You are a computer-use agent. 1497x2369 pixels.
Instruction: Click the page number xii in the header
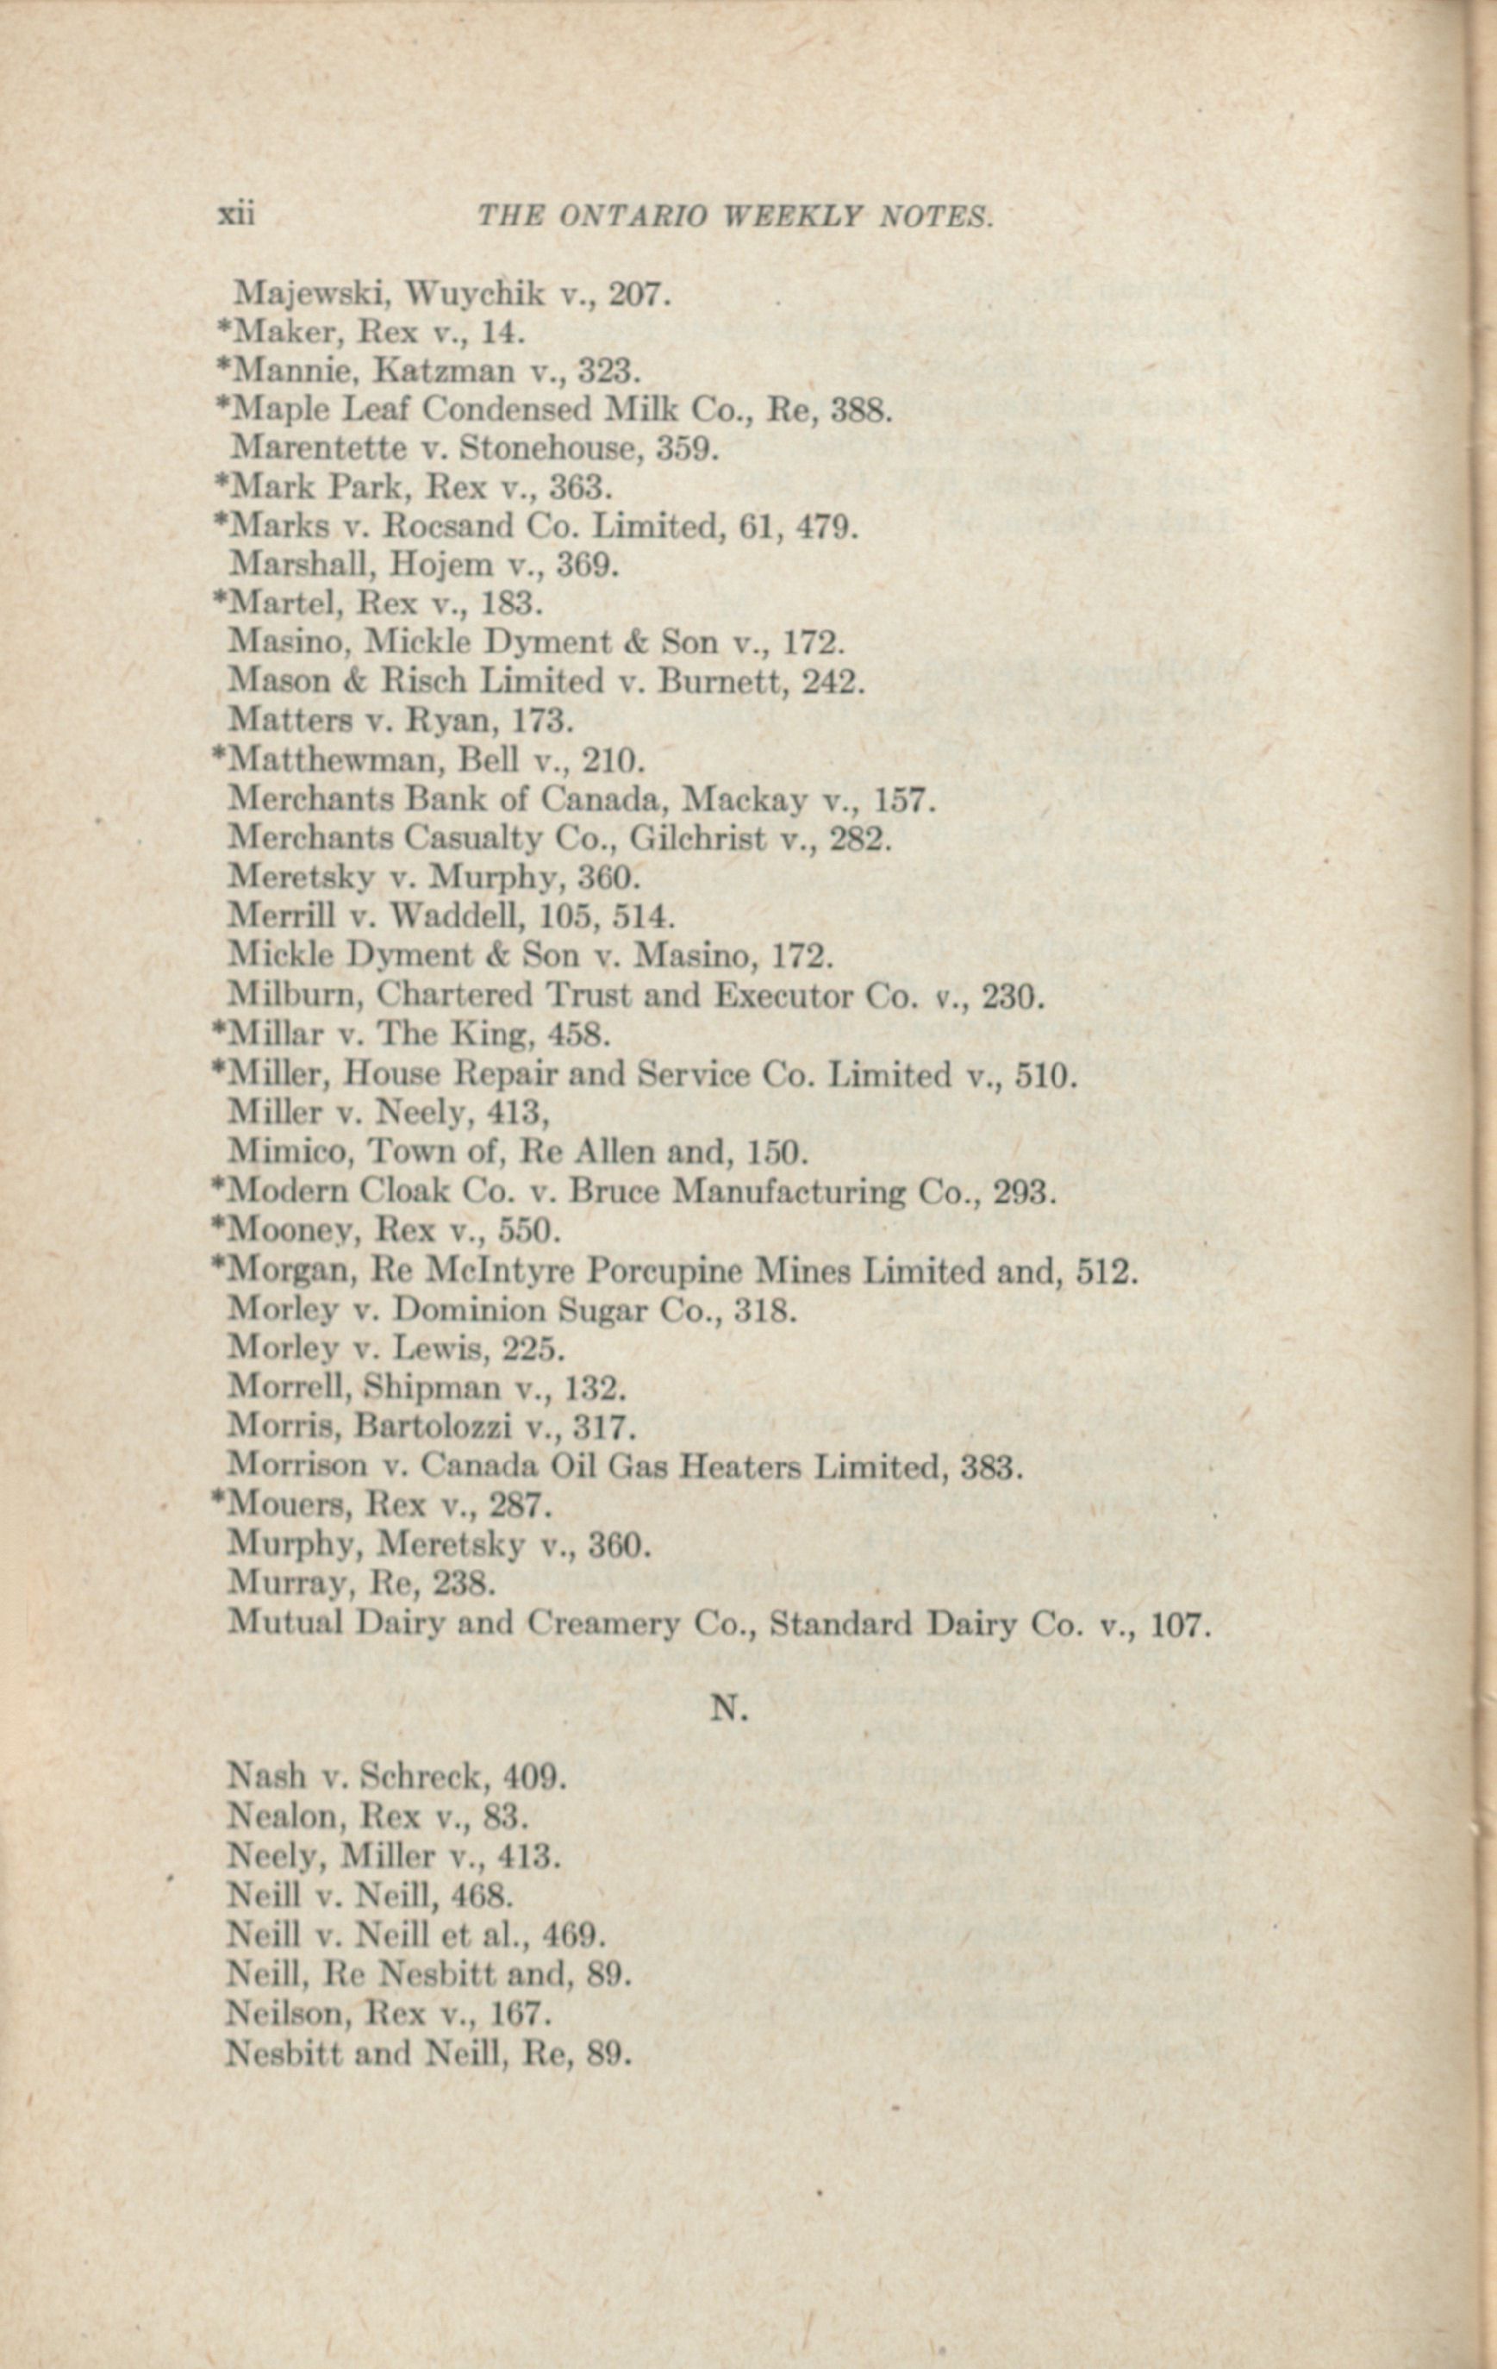click(x=235, y=215)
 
